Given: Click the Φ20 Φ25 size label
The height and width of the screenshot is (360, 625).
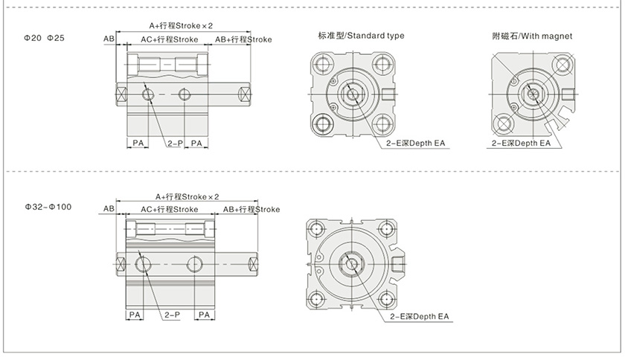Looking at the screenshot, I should click(x=45, y=36).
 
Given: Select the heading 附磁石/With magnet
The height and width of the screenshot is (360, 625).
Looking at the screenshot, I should click(x=532, y=36).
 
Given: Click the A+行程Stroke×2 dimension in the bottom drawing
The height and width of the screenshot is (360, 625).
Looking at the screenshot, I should click(x=187, y=196).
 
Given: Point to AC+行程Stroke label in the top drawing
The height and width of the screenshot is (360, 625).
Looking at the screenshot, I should click(x=169, y=39).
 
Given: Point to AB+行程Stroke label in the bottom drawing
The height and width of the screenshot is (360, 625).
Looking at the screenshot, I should click(x=251, y=210).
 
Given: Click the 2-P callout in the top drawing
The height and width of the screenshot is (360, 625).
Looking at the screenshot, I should click(x=176, y=142).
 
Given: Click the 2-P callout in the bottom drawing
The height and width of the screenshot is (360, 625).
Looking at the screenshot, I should click(x=173, y=315).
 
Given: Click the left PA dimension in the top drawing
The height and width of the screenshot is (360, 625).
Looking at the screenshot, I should click(x=139, y=142).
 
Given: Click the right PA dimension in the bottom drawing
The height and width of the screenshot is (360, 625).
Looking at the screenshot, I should click(x=206, y=315).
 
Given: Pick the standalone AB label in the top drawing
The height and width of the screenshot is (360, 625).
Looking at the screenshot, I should click(x=109, y=39).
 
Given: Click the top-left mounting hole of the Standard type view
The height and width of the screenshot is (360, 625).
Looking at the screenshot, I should click(x=321, y=62).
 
